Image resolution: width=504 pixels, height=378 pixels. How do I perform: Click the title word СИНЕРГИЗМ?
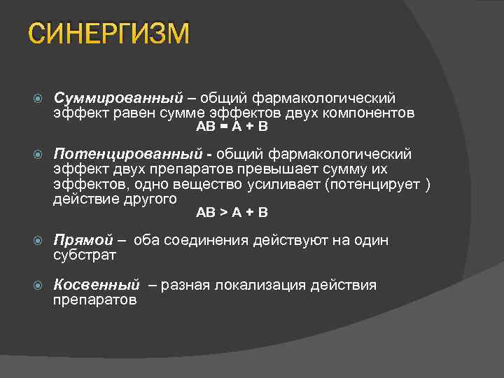[x=109, y=33]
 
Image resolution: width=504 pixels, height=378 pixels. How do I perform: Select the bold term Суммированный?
[x=118, y=97]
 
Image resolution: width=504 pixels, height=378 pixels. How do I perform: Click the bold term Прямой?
[x=83, y=241]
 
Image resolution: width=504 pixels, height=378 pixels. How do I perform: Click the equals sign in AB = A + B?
[x=223, y=127]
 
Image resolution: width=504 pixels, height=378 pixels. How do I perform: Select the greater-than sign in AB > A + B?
[x=223, y=212]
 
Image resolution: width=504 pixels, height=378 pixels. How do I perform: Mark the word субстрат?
[x=85, y=255]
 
